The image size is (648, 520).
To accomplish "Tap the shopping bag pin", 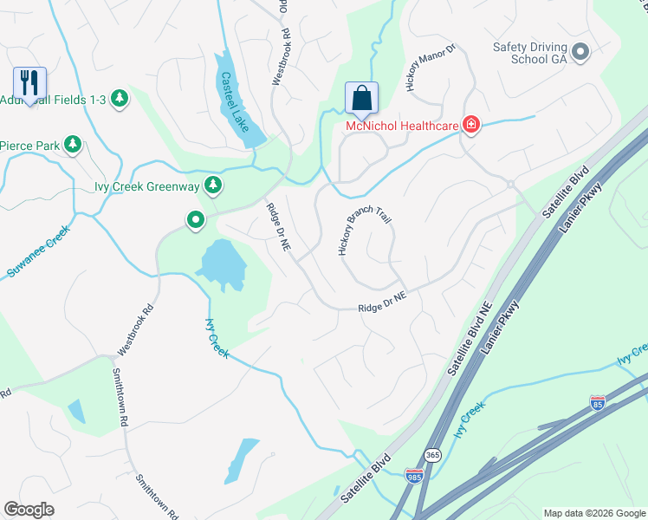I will click(361, 98).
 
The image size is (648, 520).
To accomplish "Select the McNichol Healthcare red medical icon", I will click(471, 126).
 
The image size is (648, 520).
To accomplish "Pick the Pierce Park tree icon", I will click(74, 145).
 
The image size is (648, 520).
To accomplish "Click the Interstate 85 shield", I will click(597, 402).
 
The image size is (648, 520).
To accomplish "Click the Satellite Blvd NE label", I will click(469, 339).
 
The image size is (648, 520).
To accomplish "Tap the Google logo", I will click(29, 510).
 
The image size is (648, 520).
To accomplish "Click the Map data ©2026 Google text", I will click(593, 513).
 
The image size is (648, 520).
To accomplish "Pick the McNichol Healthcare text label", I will click(401, 127).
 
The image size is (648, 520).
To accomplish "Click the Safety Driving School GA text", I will click(530, 53).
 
